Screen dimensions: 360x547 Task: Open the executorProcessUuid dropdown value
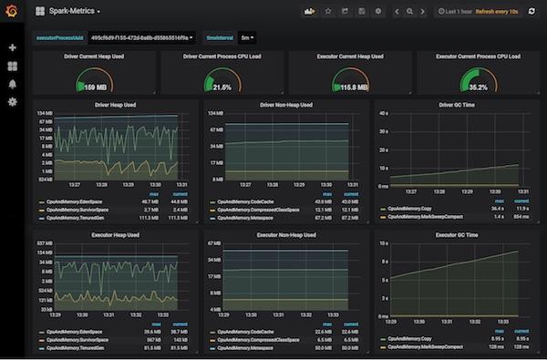[135, 38]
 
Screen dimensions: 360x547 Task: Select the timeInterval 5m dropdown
[246, 38]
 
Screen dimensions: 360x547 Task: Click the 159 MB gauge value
[95, 87]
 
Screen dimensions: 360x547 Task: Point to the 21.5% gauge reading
[222, 87]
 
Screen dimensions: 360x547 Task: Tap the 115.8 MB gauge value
[350, 87]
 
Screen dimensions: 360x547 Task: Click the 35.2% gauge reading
[478, 87]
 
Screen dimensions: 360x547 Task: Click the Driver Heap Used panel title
[116, 105]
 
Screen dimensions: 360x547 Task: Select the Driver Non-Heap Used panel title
[285, 105]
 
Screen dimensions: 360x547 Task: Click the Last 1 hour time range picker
[459, 12]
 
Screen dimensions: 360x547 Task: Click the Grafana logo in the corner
[12, 12]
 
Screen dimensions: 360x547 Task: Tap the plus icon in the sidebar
[12, 47]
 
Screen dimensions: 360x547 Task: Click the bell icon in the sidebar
[12, 83]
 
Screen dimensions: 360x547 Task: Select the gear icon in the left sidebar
[12, 101]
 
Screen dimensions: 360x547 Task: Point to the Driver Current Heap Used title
[95, 57]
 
